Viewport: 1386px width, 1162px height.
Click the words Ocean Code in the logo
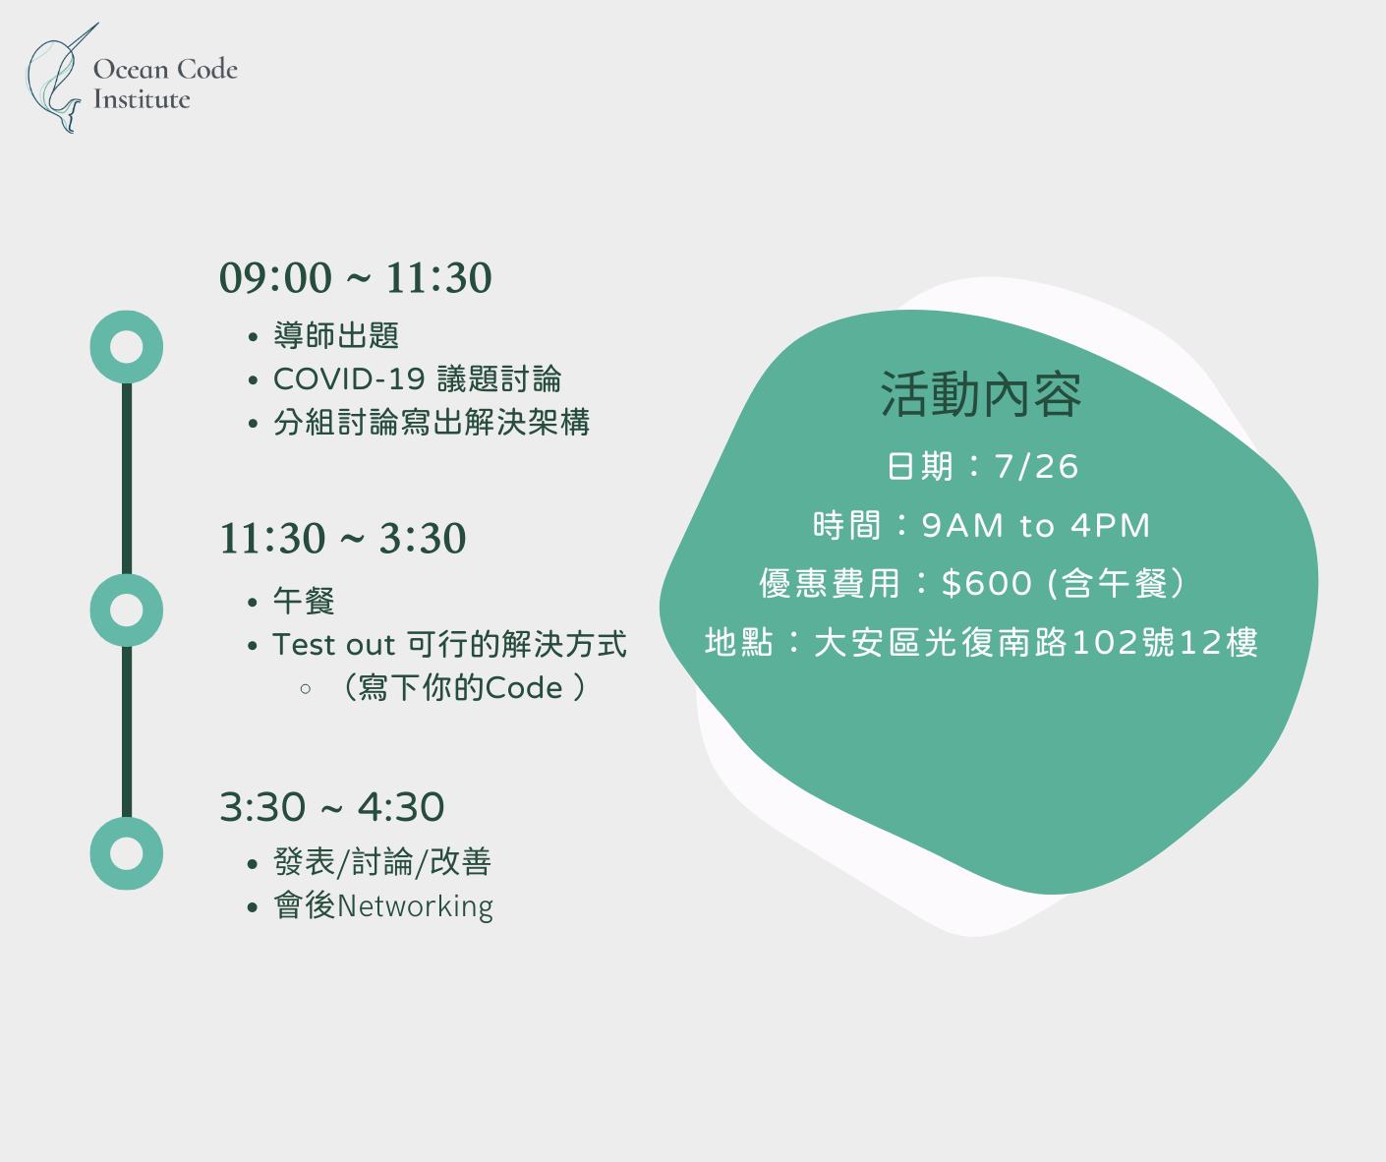pos(165,69)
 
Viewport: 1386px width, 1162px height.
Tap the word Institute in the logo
pos(142,99)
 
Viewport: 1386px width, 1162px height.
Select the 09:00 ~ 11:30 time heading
pos(355,277)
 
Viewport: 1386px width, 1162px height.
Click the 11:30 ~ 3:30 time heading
pos(342,538)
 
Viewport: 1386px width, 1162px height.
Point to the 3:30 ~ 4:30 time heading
pos(332,807)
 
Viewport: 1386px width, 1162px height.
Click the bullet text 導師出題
pos(336,335)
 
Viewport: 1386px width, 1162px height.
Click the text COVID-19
pos(349,379)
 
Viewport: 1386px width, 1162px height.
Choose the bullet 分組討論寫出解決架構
pos(432,423)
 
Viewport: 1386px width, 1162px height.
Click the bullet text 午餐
pos(304,601)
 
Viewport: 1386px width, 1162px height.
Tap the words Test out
pos(334,645)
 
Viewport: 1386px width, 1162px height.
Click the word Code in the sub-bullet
pos(524,688)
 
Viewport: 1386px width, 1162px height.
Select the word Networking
pos(415,906)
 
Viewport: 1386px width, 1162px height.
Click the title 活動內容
pos(981,394)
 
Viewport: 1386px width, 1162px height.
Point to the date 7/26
pos(1036,466)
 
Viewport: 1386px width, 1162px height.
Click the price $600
pos(987,584)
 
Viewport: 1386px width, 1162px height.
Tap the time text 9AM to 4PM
pos(1035,525)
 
